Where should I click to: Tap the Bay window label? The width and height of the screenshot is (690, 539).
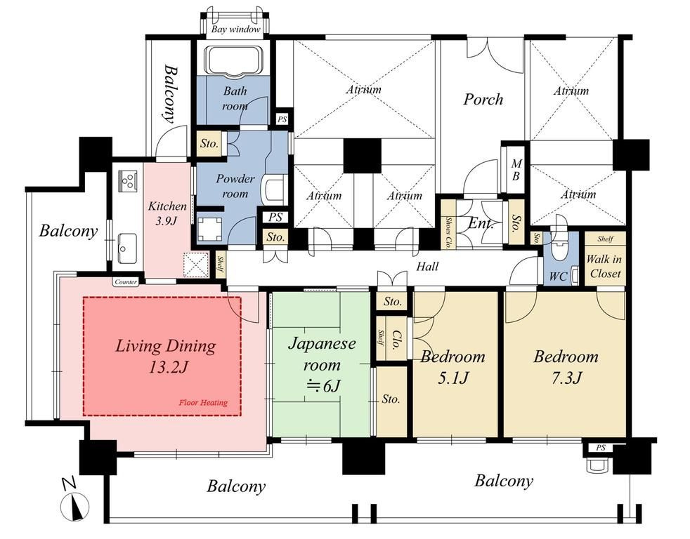click(x=235, y=29)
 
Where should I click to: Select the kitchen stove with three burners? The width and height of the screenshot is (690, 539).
click(x=128, y=180)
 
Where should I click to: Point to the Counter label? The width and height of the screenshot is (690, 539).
click(x=125, y=282)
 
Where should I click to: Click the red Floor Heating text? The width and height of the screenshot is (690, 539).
click(x=203, y=402)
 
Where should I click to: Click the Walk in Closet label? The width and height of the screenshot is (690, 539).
click(x=604, y=266)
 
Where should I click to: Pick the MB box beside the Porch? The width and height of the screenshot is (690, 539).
click(x=516, y=169)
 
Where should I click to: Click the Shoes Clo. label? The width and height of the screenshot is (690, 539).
click(x=448, y=232)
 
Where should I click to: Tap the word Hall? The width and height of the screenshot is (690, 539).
click(x=427, y=266)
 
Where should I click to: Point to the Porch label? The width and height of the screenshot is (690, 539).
click(x=483, y=100)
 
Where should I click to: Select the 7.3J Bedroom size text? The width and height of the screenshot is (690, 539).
click(x=567, y=377)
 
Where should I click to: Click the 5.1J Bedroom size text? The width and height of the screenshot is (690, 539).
click(x=453, y=377)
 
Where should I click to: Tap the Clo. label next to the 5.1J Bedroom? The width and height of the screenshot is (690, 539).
click(x=396, y=340)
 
